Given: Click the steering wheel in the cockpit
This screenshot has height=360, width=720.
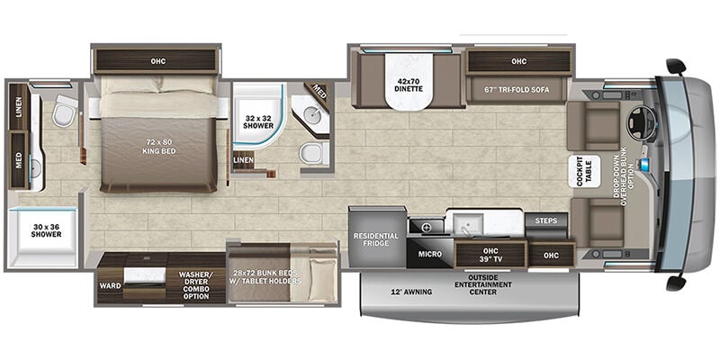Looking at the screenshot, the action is [x=642, y=122].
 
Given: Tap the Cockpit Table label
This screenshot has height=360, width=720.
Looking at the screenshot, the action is [x=584, y=171].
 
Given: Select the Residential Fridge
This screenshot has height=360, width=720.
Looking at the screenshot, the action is [x=376, y=238].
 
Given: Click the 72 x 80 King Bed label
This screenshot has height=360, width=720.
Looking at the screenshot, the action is [x=158, y=147].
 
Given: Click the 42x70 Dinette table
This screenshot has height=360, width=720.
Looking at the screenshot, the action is [x=409, y=82].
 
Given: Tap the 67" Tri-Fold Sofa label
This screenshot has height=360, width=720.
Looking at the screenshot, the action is [x=519, y=89].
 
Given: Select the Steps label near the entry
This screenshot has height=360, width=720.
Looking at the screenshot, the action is [x=546, y=220].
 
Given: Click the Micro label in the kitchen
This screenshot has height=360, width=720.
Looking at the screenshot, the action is [x=430, y=254].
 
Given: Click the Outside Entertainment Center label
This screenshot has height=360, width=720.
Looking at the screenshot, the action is [x=482, y=284].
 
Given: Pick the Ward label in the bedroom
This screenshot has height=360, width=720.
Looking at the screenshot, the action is [x=110, y=285].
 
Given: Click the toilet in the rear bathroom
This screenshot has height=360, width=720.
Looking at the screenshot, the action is [x=64, y=112].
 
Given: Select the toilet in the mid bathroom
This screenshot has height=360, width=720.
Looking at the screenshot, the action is [x=314, y=153].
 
